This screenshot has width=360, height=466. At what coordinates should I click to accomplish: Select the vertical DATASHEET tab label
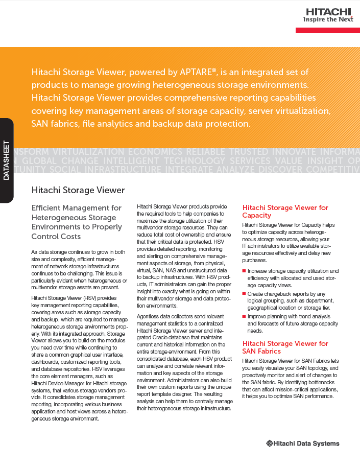pos(7,160)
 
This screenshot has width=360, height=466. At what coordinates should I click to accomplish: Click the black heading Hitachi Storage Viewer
pos(78,190)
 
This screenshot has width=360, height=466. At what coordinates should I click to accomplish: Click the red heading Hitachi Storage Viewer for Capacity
pos(285,212)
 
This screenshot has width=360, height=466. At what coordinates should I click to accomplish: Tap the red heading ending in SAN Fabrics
pos(285,347)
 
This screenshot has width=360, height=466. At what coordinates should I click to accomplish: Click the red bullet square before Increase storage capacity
pos(244,271)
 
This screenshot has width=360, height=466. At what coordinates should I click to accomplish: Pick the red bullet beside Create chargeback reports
pos(244,294)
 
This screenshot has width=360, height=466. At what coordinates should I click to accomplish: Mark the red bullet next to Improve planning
pos(244,316)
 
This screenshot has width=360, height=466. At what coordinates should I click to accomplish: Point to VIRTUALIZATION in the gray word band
pos(89,152)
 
